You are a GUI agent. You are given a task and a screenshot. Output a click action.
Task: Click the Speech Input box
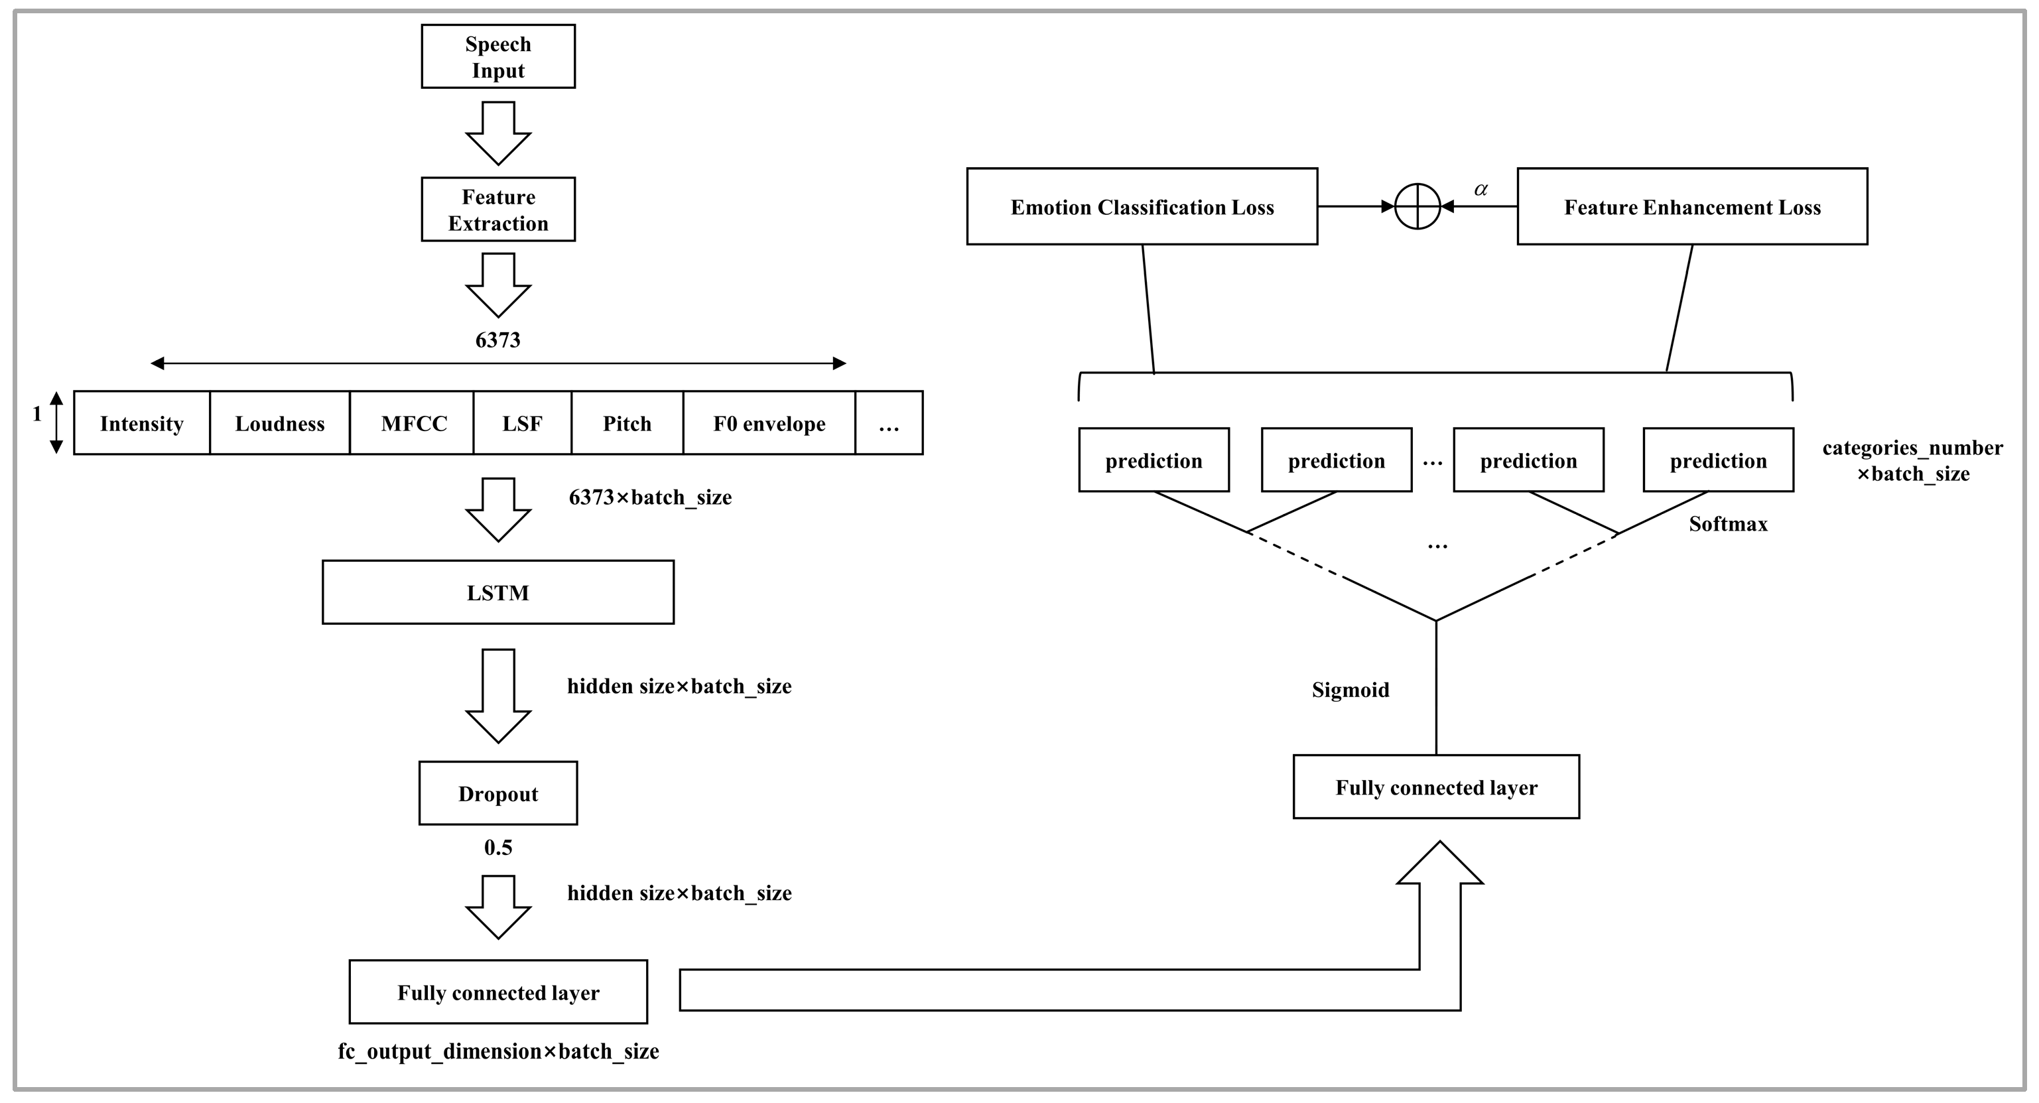(498, 56)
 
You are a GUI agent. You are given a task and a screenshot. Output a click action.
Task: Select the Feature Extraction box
(498, 210)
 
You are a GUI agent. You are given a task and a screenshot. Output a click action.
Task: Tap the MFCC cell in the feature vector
(413, 423)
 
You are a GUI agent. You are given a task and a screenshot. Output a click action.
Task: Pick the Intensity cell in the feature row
(142, 423)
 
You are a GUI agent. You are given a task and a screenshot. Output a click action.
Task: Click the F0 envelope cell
(769, 423)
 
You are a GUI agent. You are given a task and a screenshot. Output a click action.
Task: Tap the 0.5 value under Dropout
(498, 848)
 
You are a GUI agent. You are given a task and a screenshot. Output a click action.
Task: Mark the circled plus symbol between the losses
(1417, 206)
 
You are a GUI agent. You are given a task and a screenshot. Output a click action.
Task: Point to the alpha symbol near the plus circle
(1480, 189)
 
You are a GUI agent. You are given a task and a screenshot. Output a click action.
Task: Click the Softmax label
(1727, 524)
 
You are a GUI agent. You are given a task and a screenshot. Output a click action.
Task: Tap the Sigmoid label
(1350, 690)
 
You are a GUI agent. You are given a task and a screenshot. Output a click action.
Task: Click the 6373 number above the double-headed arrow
(498, 340)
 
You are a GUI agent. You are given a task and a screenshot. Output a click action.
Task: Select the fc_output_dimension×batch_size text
(498, 1051)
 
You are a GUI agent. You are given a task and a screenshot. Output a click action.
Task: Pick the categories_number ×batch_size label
(1912, 460)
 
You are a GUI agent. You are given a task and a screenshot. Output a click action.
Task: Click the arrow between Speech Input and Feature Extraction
(498, 133)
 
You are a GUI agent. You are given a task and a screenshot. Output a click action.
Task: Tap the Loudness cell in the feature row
(279, 423)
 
